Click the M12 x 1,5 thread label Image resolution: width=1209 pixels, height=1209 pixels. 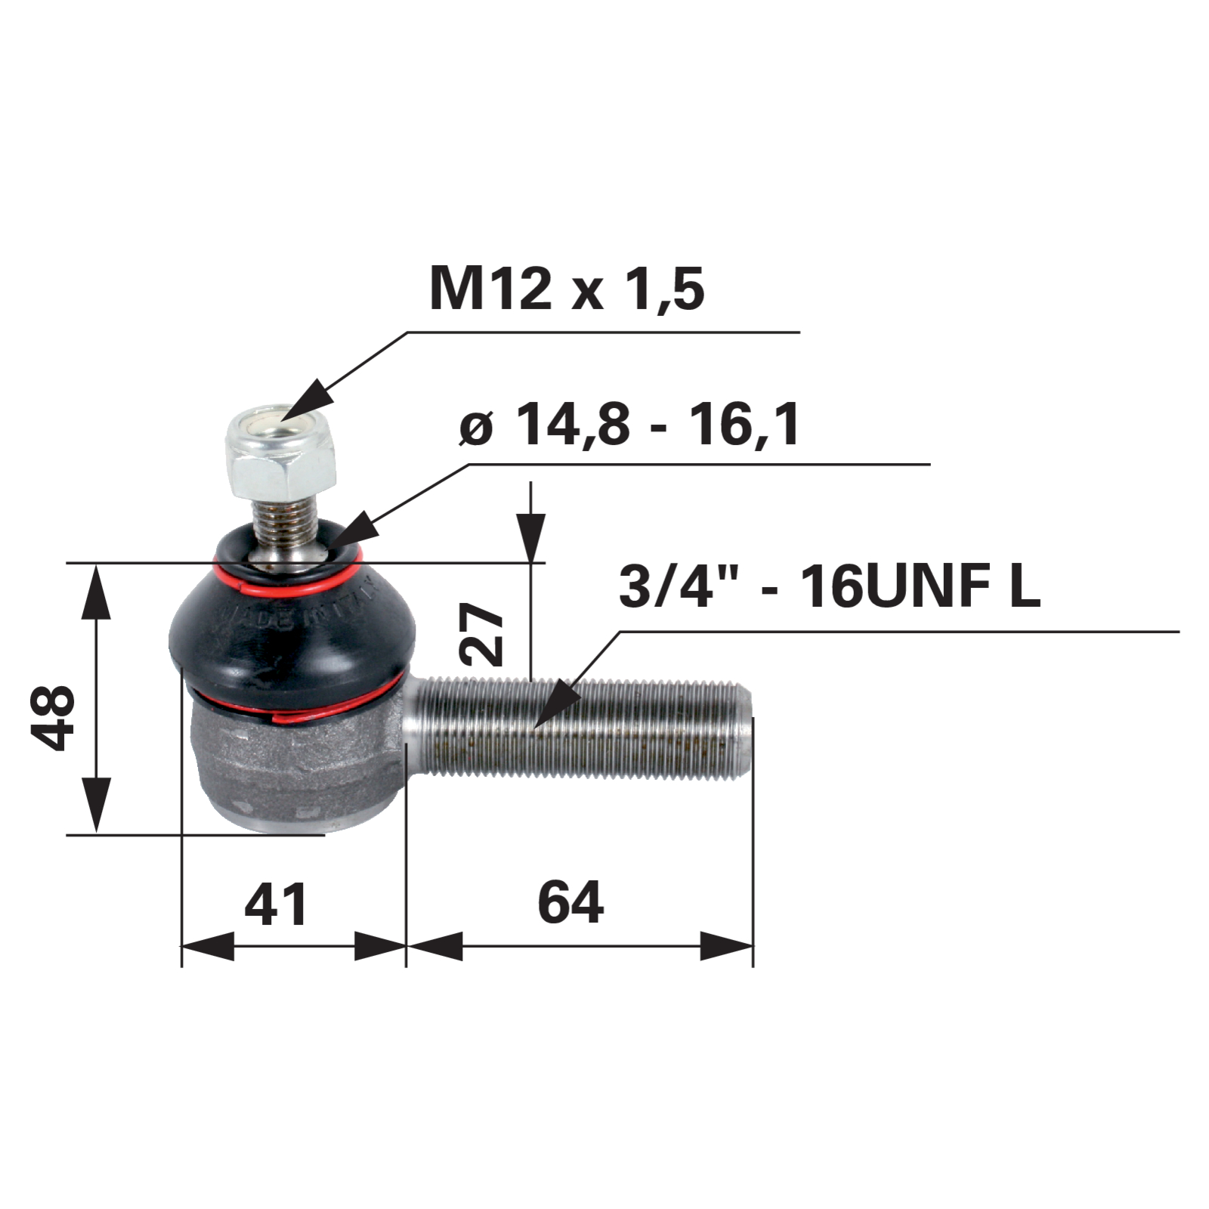point(567,289)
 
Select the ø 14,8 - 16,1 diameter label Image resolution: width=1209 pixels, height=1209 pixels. point(629,425)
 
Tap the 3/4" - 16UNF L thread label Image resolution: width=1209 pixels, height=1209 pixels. point(830,586)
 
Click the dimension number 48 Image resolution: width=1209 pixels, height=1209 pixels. point(54,717)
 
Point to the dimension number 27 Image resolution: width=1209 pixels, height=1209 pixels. point(482,634)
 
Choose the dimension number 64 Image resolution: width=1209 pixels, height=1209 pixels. point(570,901)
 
